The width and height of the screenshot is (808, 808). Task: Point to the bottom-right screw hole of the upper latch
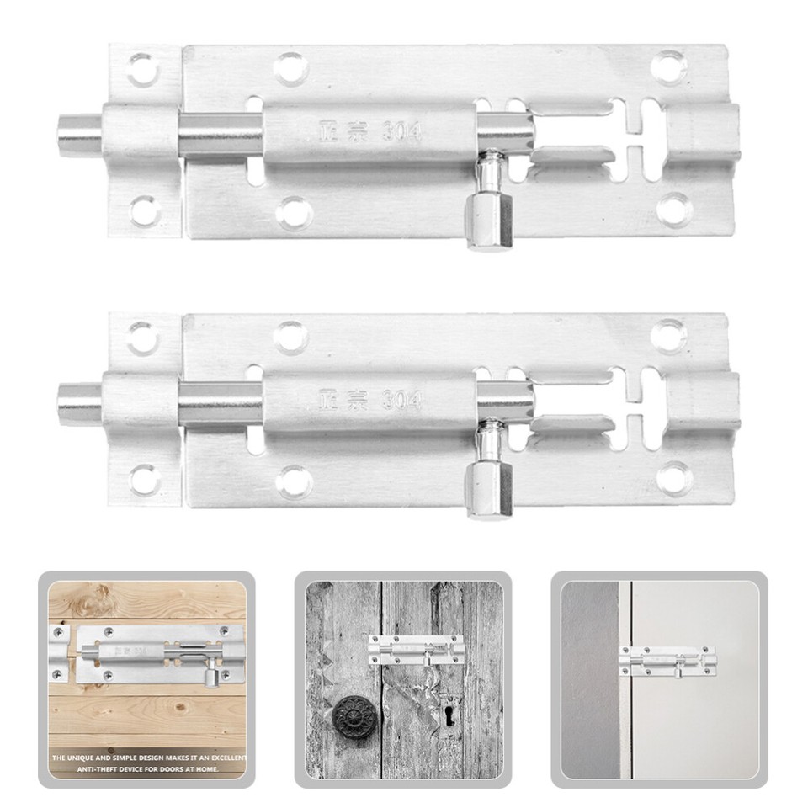pos(675,208)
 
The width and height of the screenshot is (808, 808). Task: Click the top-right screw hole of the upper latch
pos(670,66)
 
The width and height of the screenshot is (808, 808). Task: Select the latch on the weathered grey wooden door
pos(416,651)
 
